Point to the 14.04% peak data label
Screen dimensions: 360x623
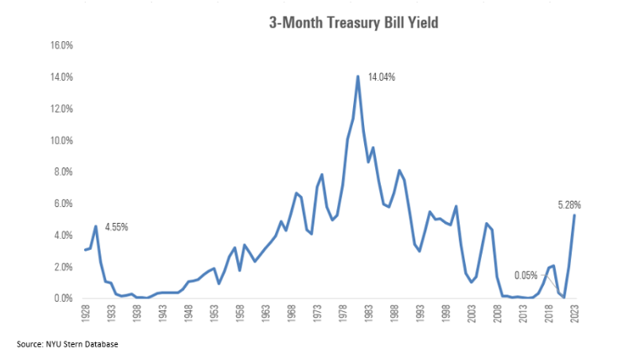[x=381, y=77]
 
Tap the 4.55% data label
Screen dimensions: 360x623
[x=117, y=227]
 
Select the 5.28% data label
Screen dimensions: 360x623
[x=569, y=204]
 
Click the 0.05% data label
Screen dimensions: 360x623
[x=526, y=275]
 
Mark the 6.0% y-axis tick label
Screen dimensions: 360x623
[x=63, y=204]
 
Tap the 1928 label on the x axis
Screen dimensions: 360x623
[x=86, y=315]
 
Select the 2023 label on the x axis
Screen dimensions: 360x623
[x=575, y=315]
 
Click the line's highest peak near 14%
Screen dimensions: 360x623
[x=358, y=77]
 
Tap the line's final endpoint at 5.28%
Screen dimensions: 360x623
[x=574, y=215]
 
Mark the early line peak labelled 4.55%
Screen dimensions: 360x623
[x=96, y=226]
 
